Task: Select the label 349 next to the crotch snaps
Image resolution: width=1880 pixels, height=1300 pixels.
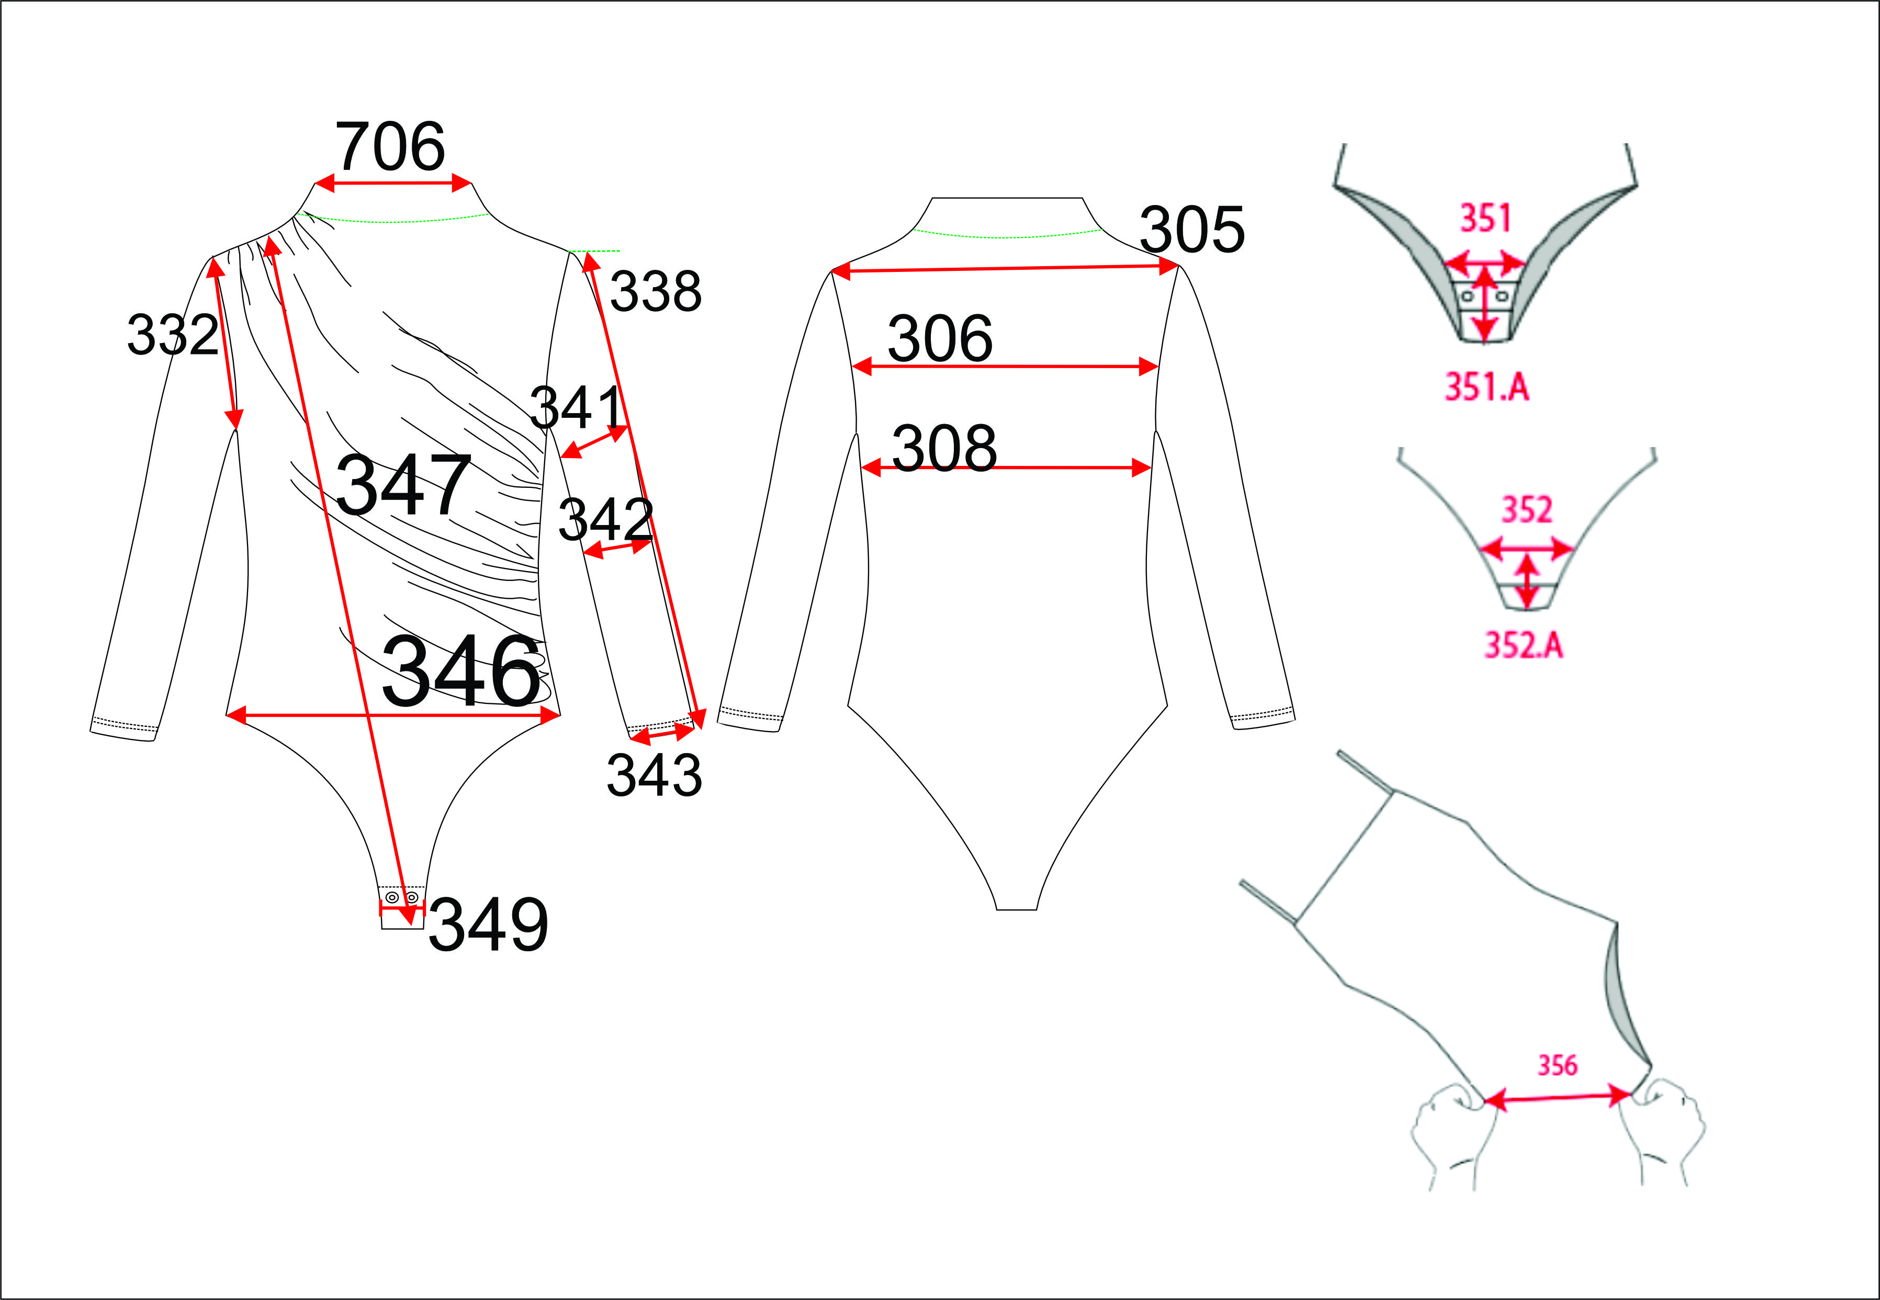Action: [488, 925]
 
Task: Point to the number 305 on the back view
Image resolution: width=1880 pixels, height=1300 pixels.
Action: [1192, 229]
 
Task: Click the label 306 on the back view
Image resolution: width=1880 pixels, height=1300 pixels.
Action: [940, 338]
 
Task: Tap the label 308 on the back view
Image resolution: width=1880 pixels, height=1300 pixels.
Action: [944, 448]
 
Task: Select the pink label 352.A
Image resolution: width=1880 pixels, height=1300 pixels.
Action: [1523, 645]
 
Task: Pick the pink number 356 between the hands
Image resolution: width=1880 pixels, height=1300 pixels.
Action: [1557, 1065]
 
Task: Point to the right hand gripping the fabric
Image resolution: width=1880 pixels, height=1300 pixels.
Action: [1662, 1132]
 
